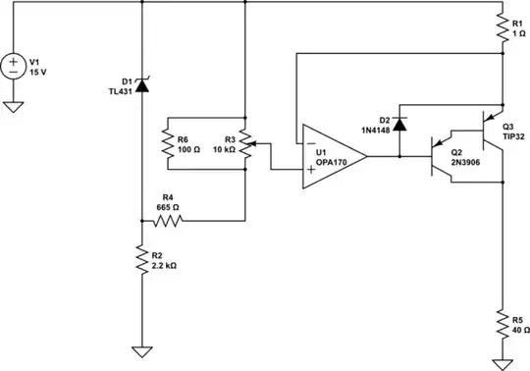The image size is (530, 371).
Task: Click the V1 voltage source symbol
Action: pyautogui.click(x=14, y=68)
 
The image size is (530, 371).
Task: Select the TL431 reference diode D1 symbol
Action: pyautogui.click(x=141, y=85)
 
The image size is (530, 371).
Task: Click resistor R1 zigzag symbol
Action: pyautogui.click(x=502, y=26)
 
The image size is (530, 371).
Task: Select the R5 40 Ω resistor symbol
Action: pyautogui.click(x=502, y=323)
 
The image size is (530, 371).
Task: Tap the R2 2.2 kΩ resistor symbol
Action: pyautogui.click(x=141, y=260)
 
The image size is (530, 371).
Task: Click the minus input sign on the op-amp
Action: pyautogui.click(x=309, y=143)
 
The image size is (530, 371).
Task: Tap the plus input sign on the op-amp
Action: pyautogui.click(x=309, y=170)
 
